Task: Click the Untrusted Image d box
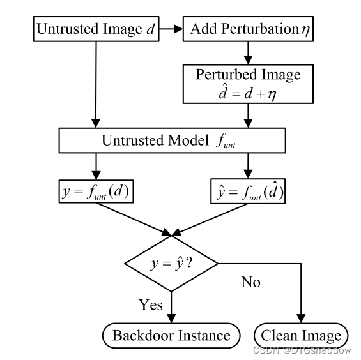coord(95,29)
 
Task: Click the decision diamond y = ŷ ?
coord(171,262)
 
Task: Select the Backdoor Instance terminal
coord(171,335)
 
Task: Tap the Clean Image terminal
coord(301,335)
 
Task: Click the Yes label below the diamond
coord(151,304)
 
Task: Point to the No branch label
coord(250,281)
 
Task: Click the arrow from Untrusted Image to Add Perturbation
coord(170,29)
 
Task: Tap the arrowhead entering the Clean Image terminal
coord(301,320)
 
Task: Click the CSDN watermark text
coord(302,350)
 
